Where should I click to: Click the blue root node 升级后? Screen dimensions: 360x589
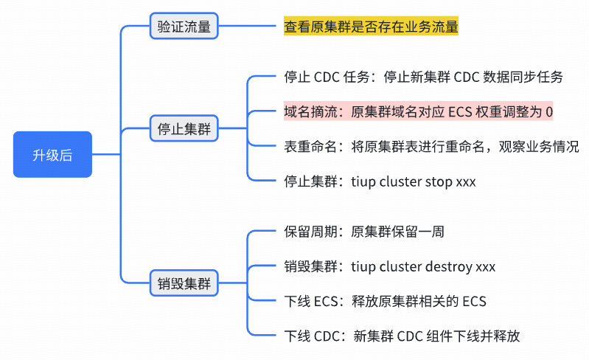(x=52, y=155)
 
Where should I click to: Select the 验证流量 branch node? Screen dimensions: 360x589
(x=184, y=27)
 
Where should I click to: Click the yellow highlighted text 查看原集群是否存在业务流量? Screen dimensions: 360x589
(x=371, y=27)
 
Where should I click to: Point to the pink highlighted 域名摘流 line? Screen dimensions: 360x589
(x=418, y=111)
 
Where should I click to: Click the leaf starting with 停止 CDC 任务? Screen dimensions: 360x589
(x=423, y=77)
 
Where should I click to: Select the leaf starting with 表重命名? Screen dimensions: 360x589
(x=431, y=146)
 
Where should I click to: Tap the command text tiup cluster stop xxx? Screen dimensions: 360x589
(x=414, y=181)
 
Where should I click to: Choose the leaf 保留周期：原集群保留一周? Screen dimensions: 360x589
(x=364, y=232)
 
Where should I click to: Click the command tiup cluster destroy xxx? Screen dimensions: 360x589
(x=423, y=266)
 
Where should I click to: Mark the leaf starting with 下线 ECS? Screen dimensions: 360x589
(x=385, y=301)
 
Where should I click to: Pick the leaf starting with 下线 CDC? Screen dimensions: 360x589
(x=402, y=336)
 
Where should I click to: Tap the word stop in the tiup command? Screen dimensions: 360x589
(x=439, y=181)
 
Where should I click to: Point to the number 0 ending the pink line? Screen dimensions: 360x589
(x=548, y=111)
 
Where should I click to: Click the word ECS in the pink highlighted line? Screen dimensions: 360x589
(x=461, y=111)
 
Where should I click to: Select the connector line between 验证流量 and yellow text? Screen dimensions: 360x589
(x=250, y=27)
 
